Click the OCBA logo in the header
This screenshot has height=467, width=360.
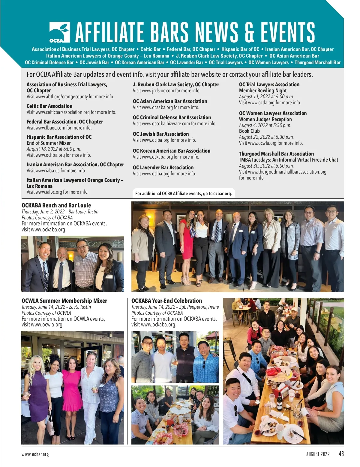click(59, 32)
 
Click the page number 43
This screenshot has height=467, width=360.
click(341, 454)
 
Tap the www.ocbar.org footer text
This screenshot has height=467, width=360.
click(35, 454)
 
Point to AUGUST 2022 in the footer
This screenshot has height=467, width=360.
click(318, 454)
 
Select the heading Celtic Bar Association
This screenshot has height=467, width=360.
click(49, 106)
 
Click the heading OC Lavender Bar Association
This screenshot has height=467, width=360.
click(163, 168)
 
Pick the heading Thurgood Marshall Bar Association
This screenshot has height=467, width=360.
click(276, 154)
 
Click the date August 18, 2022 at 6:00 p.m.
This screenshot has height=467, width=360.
click(54, 149)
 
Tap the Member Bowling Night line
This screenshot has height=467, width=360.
click(263, 91)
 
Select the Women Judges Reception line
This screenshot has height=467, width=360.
click(265, 119)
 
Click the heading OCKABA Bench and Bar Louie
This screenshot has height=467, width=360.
click(56, 205)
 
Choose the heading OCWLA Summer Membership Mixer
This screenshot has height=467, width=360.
click(64, 301)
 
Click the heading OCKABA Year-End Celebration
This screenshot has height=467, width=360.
click(166, 301)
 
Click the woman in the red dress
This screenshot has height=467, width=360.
click(186, 240)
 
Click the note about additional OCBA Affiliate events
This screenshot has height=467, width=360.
click(184, 194)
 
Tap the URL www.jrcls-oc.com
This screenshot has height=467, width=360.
click(158, 91)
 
